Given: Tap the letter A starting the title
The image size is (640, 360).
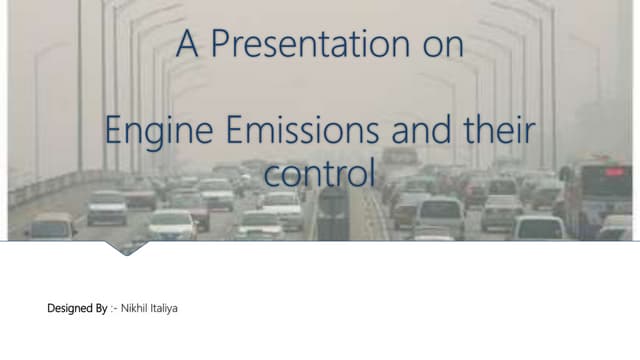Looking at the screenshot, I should pos(185,45).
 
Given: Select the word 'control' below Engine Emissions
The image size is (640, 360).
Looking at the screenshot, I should pos(319,173).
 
